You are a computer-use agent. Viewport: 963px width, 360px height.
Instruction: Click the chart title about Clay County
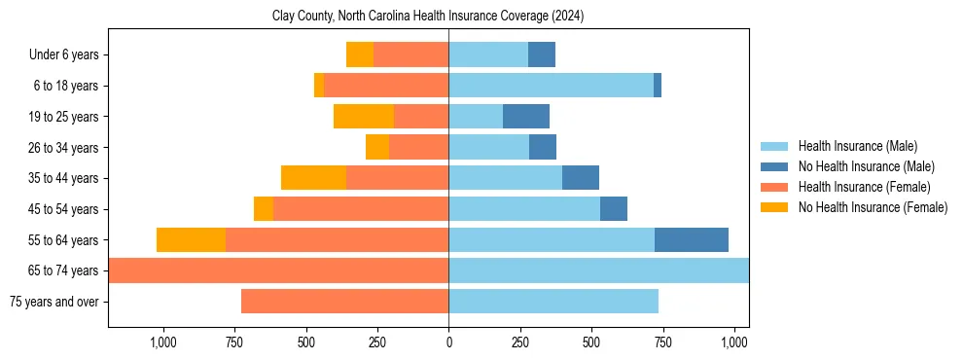pos(428,17)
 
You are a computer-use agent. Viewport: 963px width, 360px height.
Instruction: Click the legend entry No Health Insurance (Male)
pos(864,166)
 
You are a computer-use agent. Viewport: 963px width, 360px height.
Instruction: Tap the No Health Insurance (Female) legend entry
pos(871,207)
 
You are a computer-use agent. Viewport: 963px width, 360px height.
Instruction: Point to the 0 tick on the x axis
pos(448,342)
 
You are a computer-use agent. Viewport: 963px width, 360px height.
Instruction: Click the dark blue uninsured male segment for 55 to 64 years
pos(692,239)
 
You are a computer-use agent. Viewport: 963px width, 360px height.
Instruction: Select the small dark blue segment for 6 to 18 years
pos(658,86)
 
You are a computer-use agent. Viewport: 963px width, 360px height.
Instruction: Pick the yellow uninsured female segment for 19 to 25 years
pos(364,117)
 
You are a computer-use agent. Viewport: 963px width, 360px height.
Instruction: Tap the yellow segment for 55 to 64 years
pos(191,239)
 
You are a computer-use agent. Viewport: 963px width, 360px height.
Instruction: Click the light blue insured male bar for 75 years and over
pos(553,302)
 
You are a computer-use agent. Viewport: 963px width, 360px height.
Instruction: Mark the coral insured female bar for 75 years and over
pos(344,302)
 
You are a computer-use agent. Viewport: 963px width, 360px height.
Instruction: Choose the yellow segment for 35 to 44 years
pos(313,178)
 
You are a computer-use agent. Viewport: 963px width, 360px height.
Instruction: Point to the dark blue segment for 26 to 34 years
pos(543,147)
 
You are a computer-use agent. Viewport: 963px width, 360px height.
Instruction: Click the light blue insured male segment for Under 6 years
pos(488,54)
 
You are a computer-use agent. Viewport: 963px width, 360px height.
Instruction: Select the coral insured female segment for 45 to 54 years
pos(361,209)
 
